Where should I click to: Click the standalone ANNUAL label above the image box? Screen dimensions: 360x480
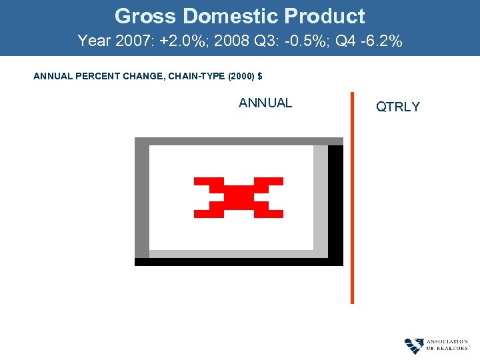pyautogui.click(x=265, y=103)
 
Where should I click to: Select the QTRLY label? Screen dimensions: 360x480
pyautogui.click(x=398, y=107)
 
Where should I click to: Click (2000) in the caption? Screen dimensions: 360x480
pyautogui.click(x=241, y=77)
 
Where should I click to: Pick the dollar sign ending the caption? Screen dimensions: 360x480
pyautogui.click(x=259, y=77)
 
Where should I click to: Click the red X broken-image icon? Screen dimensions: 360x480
pyautogui.click(x=238, y=197)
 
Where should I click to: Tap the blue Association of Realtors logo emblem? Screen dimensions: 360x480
pyautogui.click(x=414, y=345)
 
